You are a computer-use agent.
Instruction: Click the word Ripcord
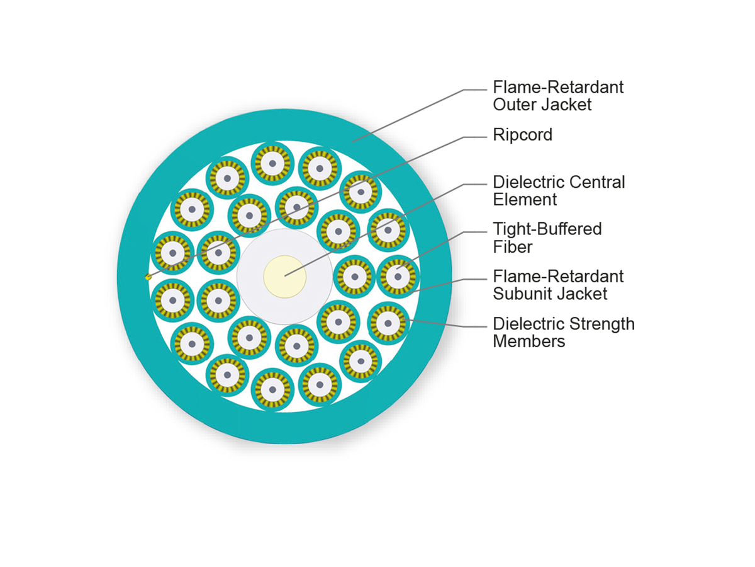click(x=522, y=135)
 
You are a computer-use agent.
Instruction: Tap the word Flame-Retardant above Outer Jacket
click(x=558, y=87)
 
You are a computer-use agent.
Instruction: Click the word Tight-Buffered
click(x=547, y=229)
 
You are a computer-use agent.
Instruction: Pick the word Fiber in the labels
click(x=512, y=246)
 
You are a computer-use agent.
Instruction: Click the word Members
click(x=528, y=341)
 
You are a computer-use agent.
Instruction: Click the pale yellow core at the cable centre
click(x=284, y=276)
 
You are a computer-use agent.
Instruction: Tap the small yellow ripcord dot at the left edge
click(x=148, y=277)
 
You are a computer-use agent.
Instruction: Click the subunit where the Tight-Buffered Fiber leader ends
click(x=398, y=276)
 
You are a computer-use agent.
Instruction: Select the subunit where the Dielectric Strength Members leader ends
click(x=388, y=323)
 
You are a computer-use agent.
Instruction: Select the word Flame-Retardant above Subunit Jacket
click(x=558, y=277)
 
